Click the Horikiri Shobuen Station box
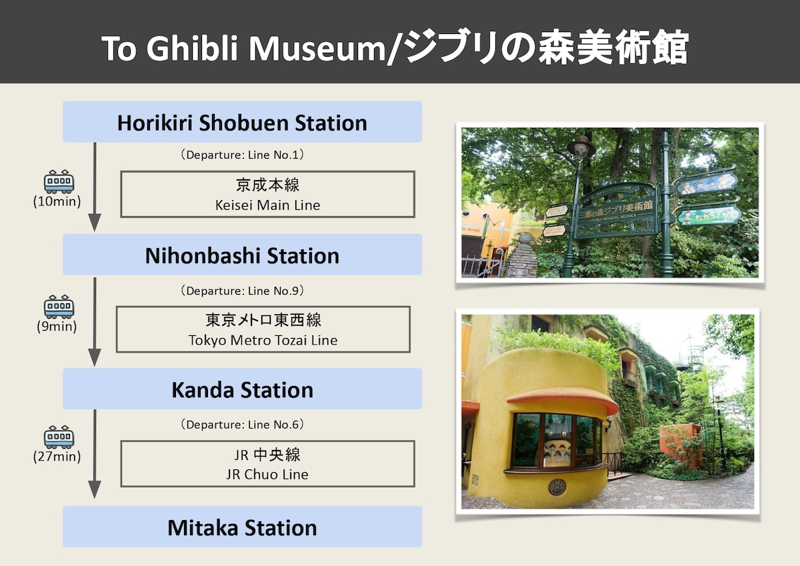pos(242,122)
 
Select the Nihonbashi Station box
pos(242,255)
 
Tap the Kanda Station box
pos(242,389)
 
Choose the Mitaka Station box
pos(242,527)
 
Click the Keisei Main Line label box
pos(267,194)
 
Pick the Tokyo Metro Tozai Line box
pos(263,329)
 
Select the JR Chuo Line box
pos(267,464)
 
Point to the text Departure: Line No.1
pos(242,155)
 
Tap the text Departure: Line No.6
pos(242,425)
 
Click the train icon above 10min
pos(59,181)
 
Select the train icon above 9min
pos(59,307)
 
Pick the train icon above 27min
pos(59,437)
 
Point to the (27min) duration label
pos(57,457)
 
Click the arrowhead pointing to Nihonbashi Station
pos(95,223)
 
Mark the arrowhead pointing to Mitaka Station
pos(95,489)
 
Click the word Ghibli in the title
pos(192,49)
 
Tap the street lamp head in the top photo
pos(581,147)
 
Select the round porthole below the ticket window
pos(557,487)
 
